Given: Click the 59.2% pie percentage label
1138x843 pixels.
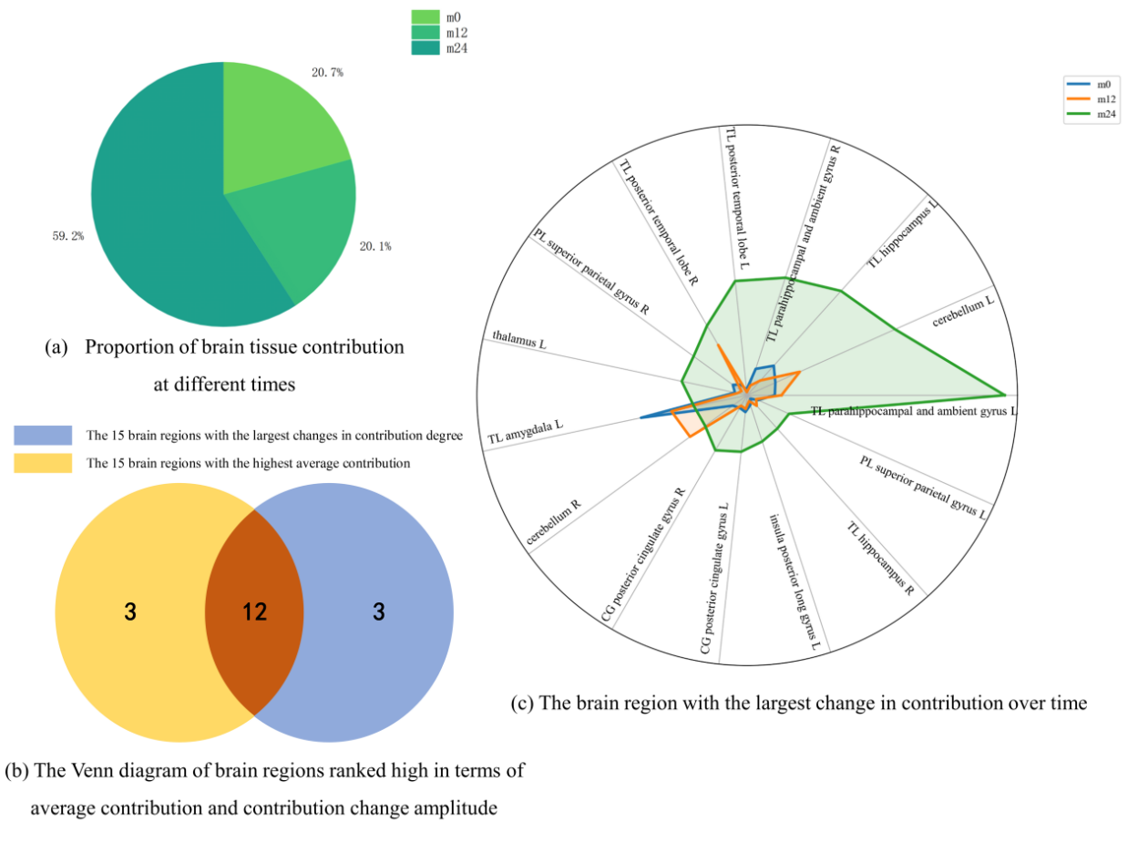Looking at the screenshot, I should click(x=68, y=236).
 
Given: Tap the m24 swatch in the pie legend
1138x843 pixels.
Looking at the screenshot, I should click(x=425, y=47).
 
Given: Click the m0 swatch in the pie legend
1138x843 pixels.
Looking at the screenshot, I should click(x=425, y=16).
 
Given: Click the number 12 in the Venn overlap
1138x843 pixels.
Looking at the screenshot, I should click(x=254, y=612).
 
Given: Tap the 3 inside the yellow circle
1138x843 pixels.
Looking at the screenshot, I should click(x=130, y=612).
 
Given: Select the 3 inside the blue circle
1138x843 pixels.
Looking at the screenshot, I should click(x=378, y=612).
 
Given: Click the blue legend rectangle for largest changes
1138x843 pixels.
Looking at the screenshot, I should click(x=43, y=435).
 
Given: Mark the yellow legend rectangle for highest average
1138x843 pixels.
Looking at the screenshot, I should click(x=43, y=463).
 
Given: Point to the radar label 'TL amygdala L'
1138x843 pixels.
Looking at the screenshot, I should click(x=526, y=432).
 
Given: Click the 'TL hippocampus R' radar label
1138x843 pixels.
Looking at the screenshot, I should click(x=880, y=555).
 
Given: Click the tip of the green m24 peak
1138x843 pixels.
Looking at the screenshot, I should click(x=1005, y=395).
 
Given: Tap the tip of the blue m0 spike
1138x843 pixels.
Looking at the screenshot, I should click(x=641, y=417).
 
